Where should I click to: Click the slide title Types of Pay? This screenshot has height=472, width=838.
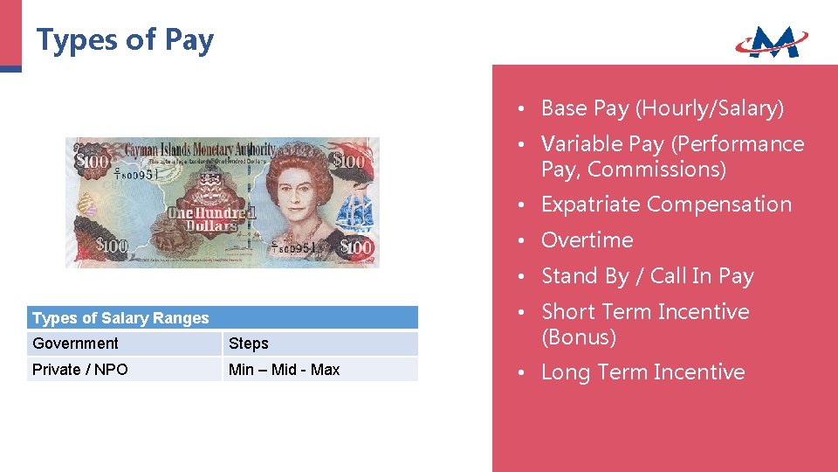point(125,40)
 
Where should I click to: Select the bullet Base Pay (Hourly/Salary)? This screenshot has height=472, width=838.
point(663,108)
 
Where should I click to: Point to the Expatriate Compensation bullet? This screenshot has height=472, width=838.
point(666,205)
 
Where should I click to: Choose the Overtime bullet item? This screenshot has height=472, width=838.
point(587,240)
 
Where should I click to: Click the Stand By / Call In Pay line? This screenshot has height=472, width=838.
point(647,276)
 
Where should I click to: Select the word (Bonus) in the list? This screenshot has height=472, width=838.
point(579,337)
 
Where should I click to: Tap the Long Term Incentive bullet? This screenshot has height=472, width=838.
point(642,372)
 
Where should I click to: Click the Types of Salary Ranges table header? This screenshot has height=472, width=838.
point(120,318)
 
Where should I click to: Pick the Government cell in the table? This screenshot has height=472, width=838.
point(75,344)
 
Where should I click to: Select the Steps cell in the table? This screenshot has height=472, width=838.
point(249,344)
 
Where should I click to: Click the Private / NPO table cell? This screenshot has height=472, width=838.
point(80,370)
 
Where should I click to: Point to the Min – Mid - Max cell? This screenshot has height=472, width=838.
point(284,370)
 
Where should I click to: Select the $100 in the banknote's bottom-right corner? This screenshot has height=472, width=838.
point(356,248)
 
